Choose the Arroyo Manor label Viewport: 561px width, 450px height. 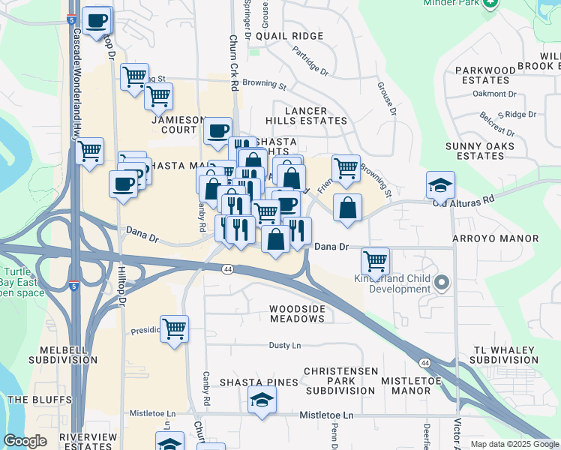(x=496, y=238)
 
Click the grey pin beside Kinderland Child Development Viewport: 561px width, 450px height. (x=442, y=283)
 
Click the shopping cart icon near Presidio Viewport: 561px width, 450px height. (x=174, y=328)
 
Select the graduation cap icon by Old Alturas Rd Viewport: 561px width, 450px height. (x=440, y=184)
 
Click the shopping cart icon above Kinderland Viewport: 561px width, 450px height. (x=375, y=261)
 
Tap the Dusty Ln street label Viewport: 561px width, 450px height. (x=285, y=346)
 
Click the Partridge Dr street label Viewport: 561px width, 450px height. (x=311, y=62)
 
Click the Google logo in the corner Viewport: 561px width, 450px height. (x=25, y=441)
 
